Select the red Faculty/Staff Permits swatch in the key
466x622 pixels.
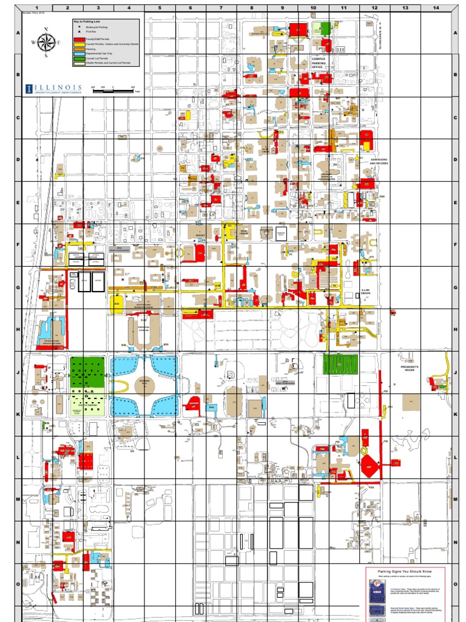pyautogui.click(x=78, y=39)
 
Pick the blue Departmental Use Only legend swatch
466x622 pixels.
pyautogui.click(x=78, y=53)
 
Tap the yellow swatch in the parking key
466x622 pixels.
pyautogui.click(x=78, y=44)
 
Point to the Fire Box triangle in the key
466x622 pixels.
pyautogui.click(x=78, y=32)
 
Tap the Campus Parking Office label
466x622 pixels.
pyautogui.click(x=319, y=63)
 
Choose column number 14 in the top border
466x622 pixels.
pyautogui.click(x=435, y=9)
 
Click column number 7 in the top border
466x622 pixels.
pyautogui.click(x=221, y=9)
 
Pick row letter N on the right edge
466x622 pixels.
pyautogui.click(x=454, y=542)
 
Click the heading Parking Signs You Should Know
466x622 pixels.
pyautogui.click(x=406, y=572)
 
